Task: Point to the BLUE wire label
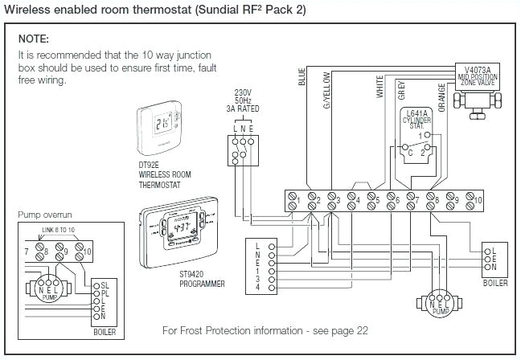(302, 77)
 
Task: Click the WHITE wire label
(380, 87)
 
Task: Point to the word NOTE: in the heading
(34, 39)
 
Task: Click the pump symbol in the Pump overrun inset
(50, 289)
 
